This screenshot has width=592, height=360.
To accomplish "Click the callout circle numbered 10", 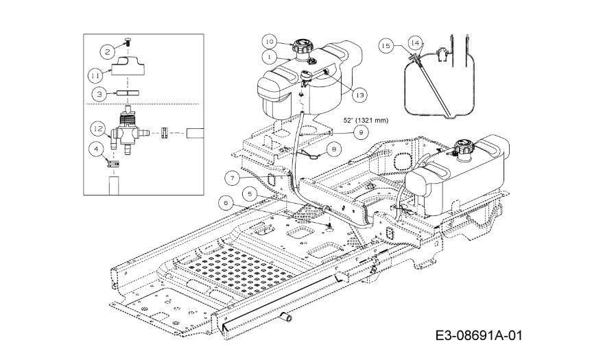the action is coord(270,41).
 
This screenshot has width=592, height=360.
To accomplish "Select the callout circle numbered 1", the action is coord(269,57).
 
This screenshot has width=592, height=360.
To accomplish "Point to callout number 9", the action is coord(362,132).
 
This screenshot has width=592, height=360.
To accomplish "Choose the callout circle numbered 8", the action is coord(333,149).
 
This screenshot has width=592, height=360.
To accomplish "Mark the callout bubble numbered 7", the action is coord(232,178).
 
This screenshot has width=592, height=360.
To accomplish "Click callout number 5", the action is coord(250,194).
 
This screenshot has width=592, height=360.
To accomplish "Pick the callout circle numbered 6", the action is coord(226,204).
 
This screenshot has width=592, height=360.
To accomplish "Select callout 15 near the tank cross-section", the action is coord(386,46).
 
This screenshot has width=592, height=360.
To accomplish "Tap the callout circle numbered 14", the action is coord(414,43).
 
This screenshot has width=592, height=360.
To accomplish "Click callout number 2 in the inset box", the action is coord(108,51).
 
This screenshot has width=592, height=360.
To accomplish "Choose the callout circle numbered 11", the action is coord(95,76).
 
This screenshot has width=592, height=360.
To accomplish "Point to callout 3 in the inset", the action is coord(99,94).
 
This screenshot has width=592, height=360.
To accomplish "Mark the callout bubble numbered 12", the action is coord(98,129).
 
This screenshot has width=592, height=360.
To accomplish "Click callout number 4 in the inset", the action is coord(96,149).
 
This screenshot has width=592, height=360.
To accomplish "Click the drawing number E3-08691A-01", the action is coord(479,335).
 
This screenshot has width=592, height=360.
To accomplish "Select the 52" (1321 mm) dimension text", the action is coord(366,121).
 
